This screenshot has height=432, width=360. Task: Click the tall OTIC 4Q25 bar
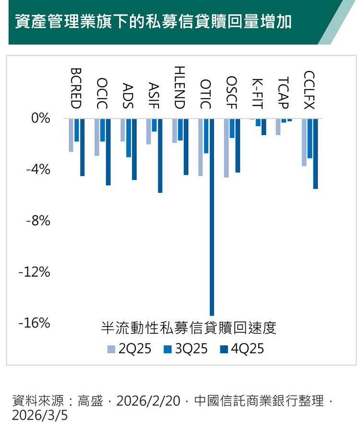pos(212,216)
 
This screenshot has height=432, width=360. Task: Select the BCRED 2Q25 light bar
pos(71,135)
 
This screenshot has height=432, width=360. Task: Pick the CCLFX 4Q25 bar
pos(315,153)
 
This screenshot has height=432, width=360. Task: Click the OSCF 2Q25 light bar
pos(227,148)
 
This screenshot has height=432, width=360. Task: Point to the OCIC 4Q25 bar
pos(108,152)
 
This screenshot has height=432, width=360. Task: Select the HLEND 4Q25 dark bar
pos(186,146)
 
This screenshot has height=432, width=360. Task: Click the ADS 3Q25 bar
pos(129,138)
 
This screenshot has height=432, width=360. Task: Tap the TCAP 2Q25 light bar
pos(278,127)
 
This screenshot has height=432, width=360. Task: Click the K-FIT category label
pos(257,92)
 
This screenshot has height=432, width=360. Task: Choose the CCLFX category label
pos(310,90)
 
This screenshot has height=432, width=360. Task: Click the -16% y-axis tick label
pos(34,323)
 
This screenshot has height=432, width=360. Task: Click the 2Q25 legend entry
pos(129,349)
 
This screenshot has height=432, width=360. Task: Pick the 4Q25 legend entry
pos(242,349)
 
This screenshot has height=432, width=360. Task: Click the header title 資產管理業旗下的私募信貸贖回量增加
pos(153,22)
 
